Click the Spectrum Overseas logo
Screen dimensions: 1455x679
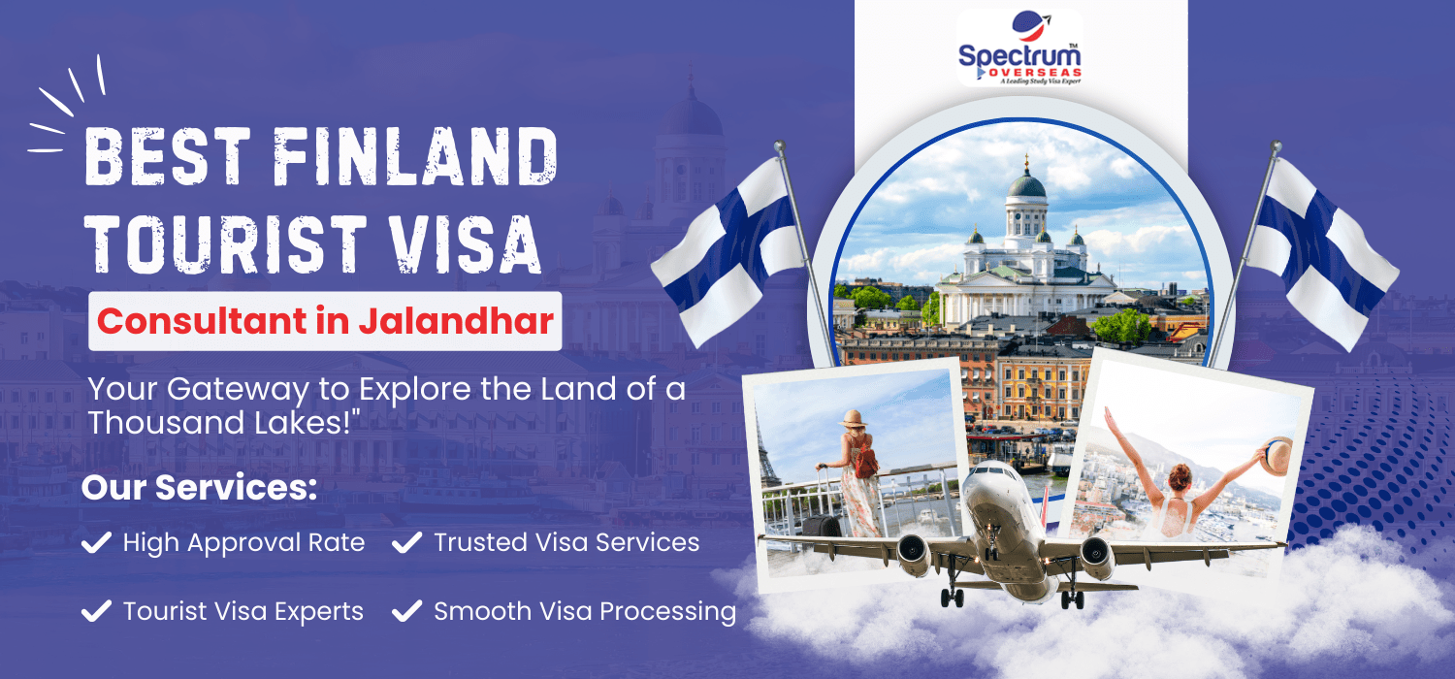1019,48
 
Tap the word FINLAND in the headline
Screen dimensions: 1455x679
415,156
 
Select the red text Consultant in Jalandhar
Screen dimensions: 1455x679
325,321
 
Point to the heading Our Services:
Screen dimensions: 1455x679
200,487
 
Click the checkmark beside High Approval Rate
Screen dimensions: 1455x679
97,542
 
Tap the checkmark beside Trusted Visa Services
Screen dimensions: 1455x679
407,542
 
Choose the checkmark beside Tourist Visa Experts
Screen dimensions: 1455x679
97,611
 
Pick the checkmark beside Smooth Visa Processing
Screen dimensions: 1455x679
407,611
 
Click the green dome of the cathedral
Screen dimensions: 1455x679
1026,185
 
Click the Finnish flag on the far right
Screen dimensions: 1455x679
1322,253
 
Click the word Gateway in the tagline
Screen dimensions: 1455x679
238,390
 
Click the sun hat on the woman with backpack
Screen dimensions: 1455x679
853,419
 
